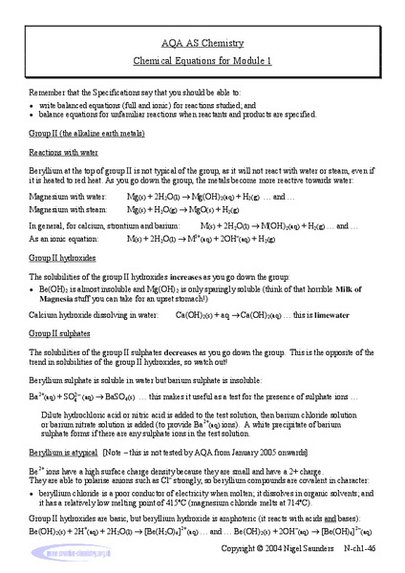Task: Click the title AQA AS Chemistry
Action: [202, 43]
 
